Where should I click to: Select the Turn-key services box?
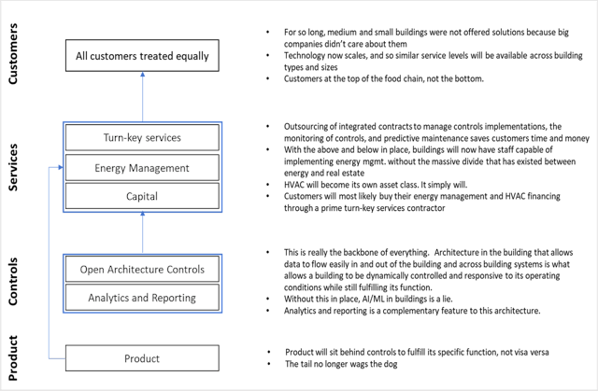point(129,137)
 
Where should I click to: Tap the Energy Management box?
point(129,167)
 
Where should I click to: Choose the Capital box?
point(129,197)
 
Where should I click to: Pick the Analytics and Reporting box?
point(129,299)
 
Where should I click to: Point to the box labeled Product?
point(129,358)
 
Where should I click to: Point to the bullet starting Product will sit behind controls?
point(411,351)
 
